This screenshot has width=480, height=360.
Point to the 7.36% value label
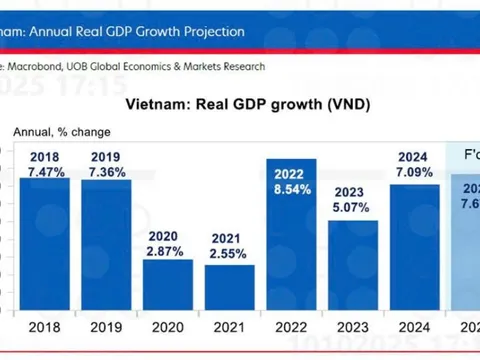tap(105, 172)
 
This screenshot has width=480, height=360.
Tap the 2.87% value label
tap(166, 252)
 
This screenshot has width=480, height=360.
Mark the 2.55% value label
tap(228, 256)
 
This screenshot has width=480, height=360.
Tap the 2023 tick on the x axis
tap(352, 326)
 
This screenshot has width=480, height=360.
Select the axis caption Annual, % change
tap(62, 131)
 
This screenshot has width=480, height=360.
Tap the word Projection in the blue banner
tap(208, 31)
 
